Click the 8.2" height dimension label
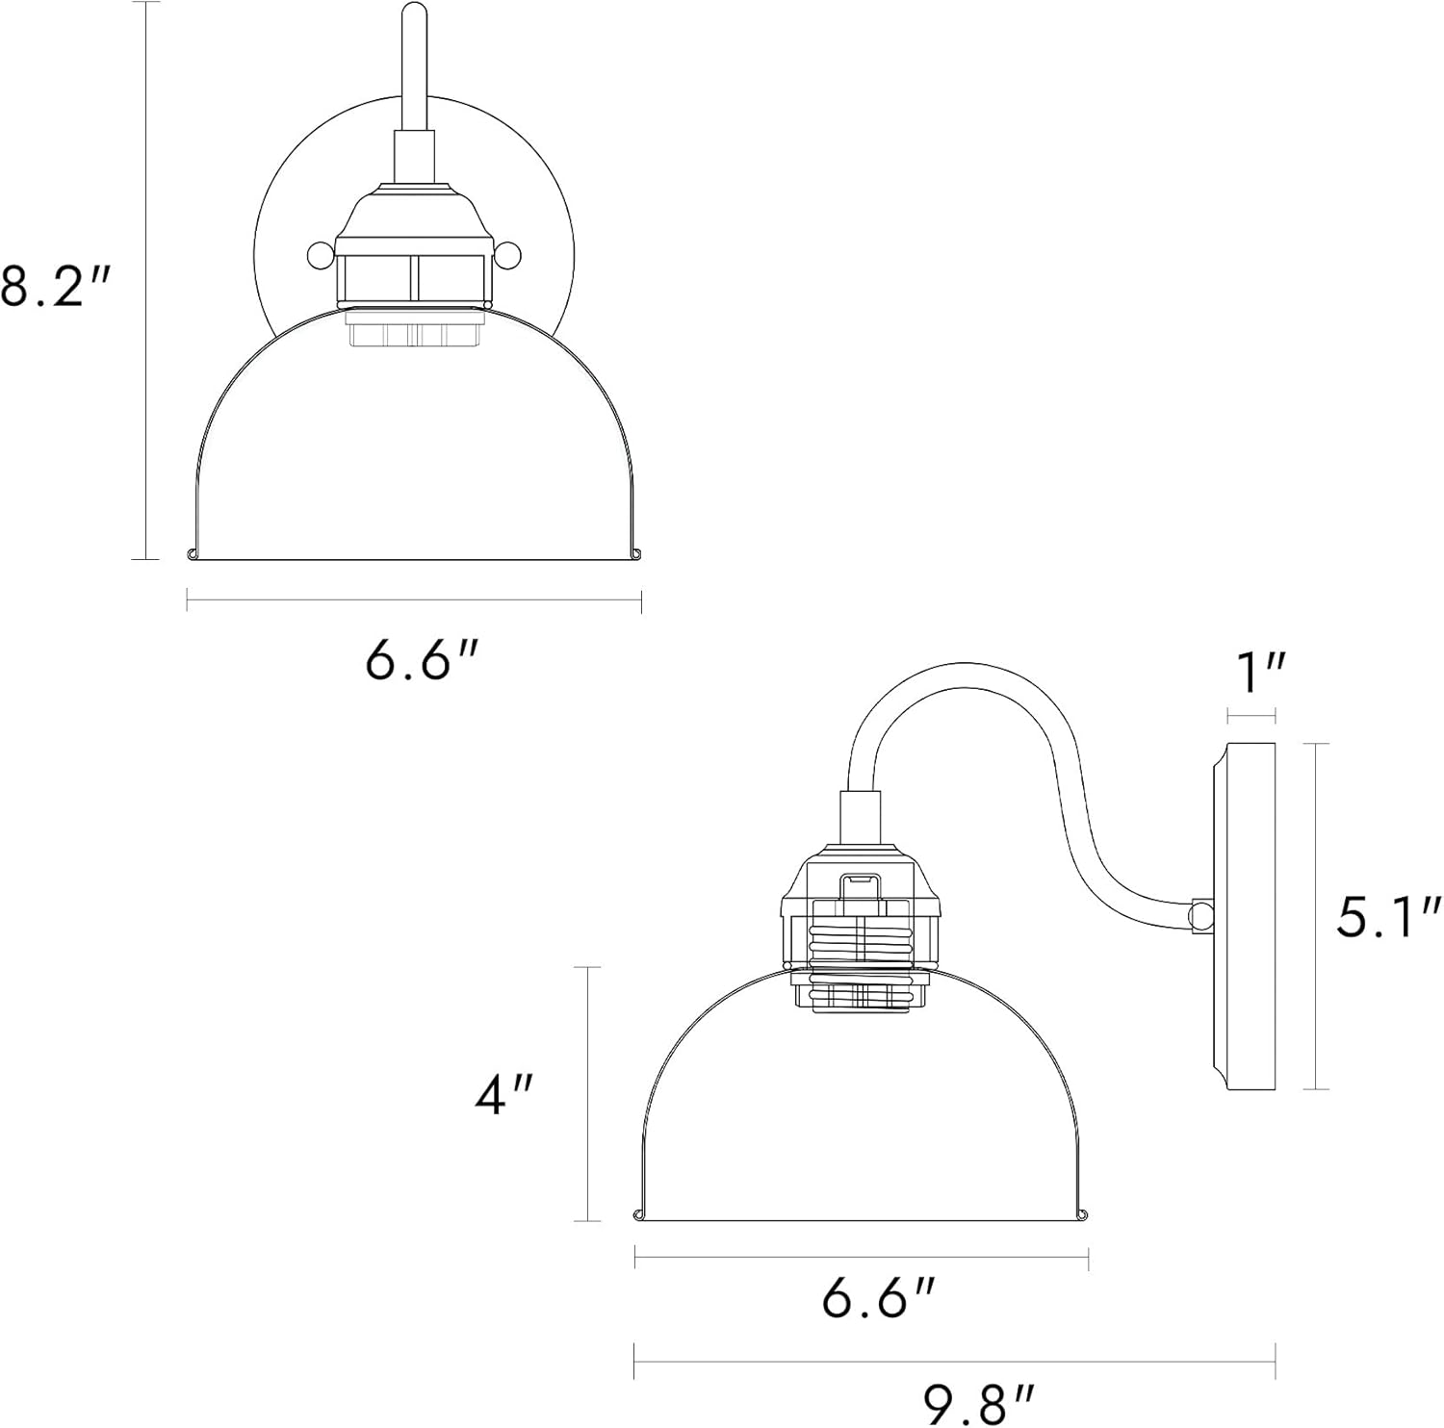click(56, 285)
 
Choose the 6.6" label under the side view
click(878, 1299)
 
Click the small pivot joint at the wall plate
click(1200, 915)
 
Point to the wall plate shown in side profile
click(1248, 916)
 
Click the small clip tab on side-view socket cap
click(862, 883)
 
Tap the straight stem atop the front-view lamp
click(414, 67)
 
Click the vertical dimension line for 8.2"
click(145, 279)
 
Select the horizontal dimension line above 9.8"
click(954, 1361)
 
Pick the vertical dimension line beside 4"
click(587, 1093)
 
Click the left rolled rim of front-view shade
click(192, 552)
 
